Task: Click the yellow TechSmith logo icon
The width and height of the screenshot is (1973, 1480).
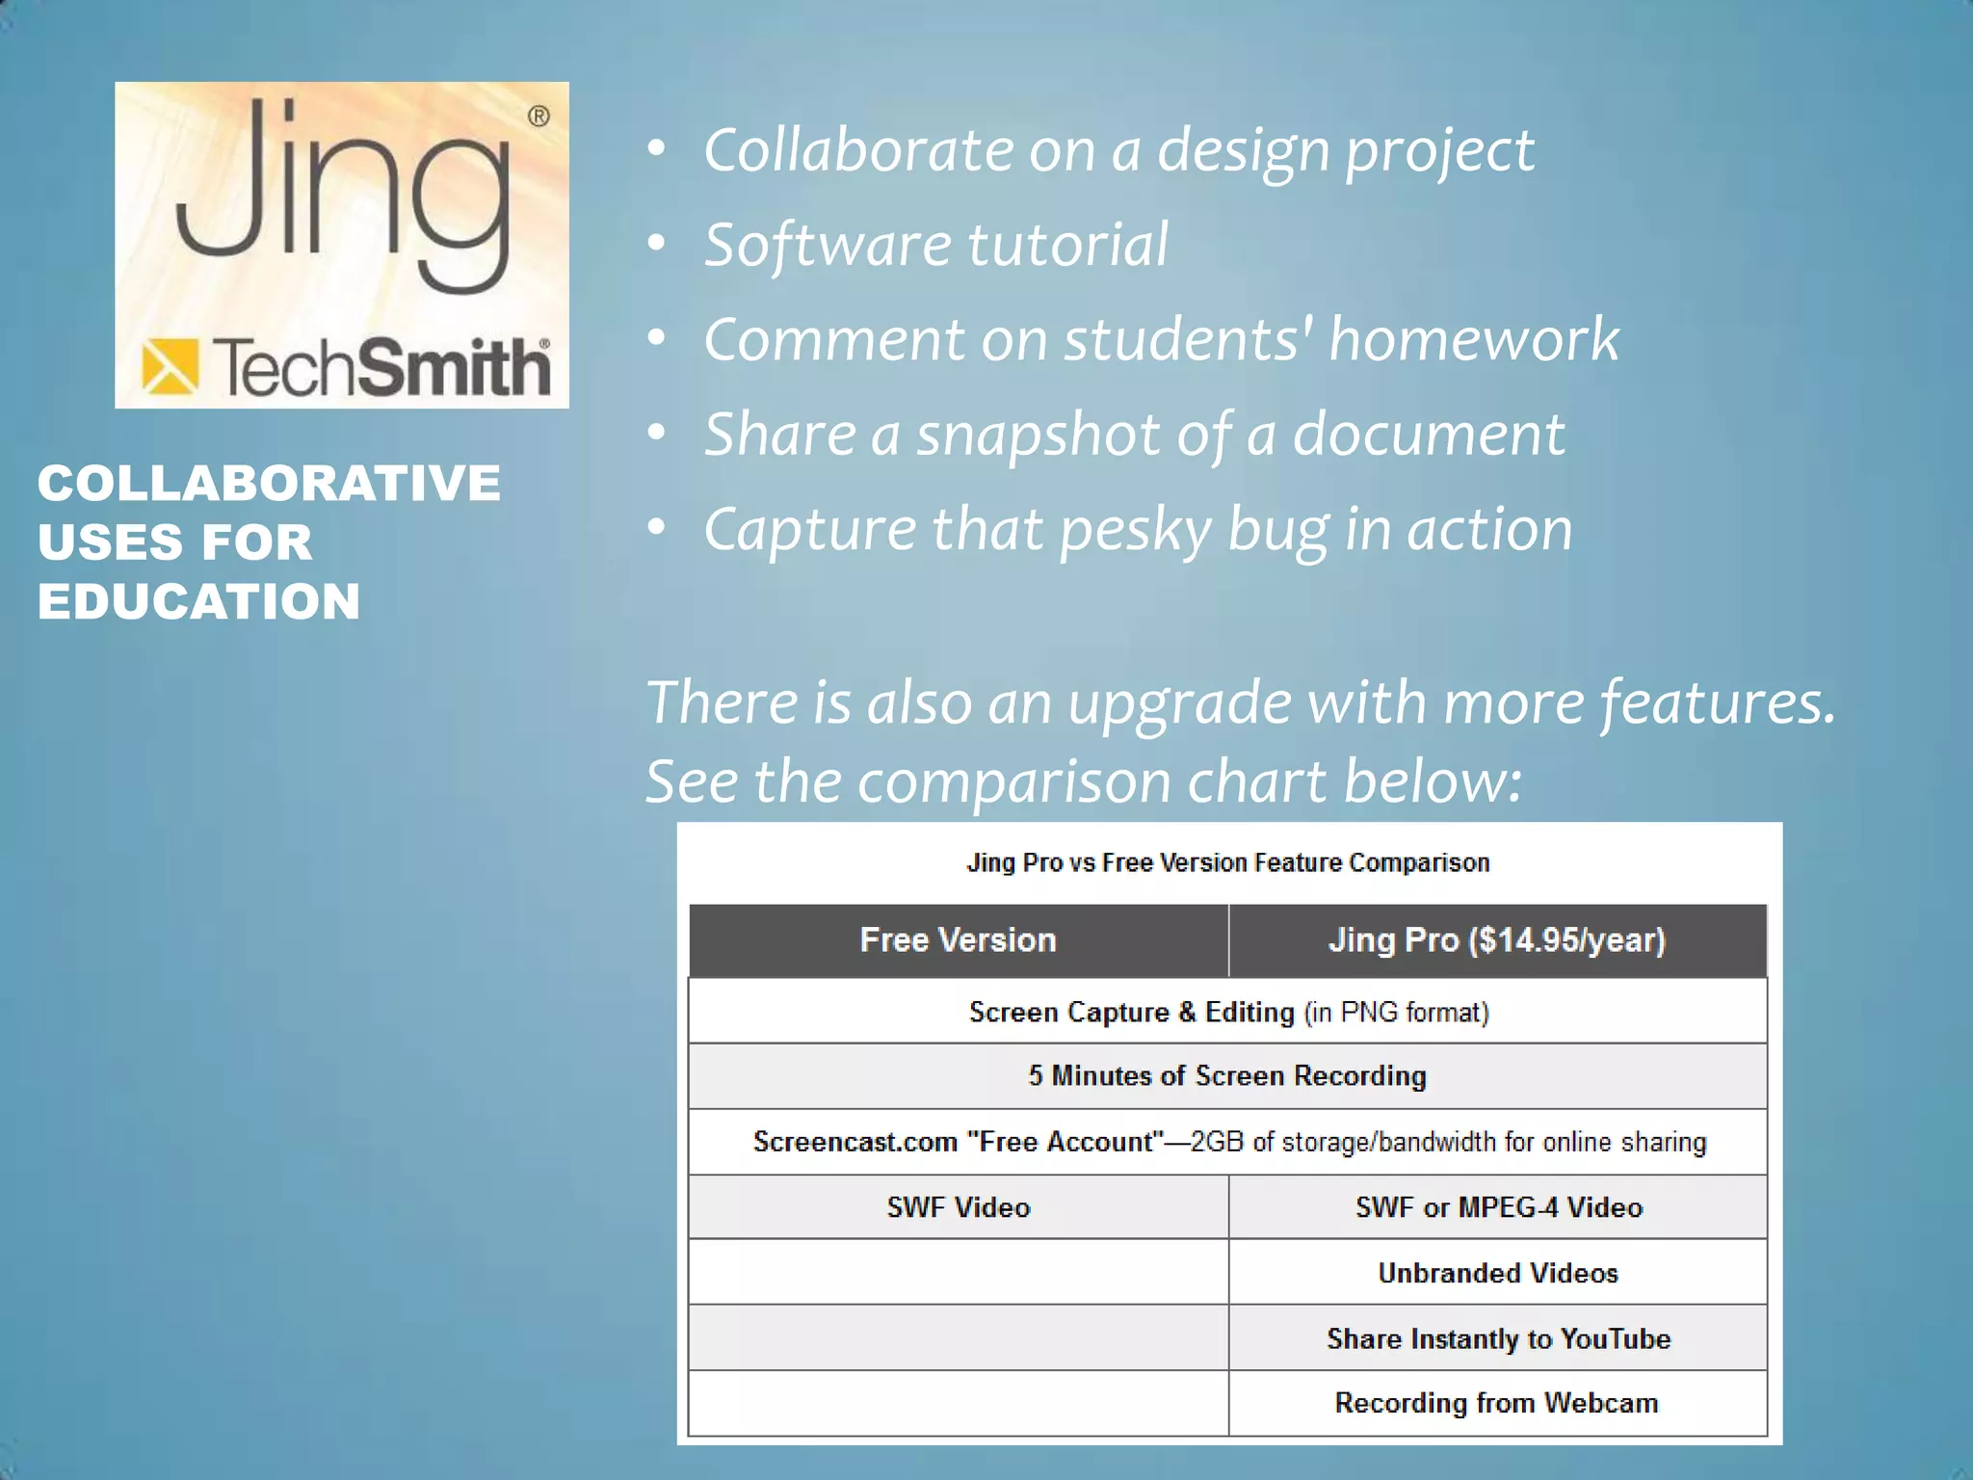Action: (170, 367)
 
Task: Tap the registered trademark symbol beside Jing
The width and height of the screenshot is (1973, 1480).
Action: (539, 117)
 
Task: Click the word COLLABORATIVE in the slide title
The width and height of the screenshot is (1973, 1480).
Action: (269, 483)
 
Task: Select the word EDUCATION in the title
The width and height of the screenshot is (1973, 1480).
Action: (198, 601)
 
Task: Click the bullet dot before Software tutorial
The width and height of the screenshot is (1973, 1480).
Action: (657, 244)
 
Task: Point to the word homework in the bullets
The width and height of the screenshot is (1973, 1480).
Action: (1474, 339)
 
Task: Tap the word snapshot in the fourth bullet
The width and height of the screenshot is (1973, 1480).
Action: (1039, 434)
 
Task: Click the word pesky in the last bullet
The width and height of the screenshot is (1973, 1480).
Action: (1136, 529)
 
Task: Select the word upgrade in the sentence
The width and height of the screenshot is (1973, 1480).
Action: (1179, 701)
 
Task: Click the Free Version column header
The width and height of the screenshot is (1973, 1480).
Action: (958, 940)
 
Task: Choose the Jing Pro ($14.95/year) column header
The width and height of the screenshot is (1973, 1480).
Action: (1497, 940)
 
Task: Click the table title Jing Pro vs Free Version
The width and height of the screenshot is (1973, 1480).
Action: (1228, 862)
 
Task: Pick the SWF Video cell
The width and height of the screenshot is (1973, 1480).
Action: (958, 1207)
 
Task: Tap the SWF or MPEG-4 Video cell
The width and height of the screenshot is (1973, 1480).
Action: (1498, 1207)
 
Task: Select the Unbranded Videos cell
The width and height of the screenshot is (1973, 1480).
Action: (1498, 1273)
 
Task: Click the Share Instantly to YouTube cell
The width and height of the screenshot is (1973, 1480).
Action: (1498, 1338)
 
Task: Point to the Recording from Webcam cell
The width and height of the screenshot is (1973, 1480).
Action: (1496, 1403)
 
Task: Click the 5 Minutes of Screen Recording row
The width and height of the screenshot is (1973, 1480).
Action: (1227, 1075)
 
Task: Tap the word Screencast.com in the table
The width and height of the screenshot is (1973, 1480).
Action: (855, 1142)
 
